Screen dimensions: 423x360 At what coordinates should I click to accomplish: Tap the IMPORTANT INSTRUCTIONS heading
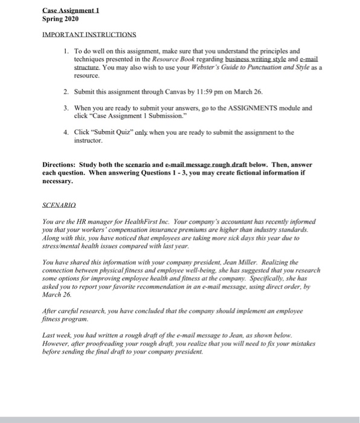coord(89,35)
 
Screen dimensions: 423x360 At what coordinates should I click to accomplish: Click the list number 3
coord(65,108)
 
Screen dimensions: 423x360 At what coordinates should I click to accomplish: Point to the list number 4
coord(65,131)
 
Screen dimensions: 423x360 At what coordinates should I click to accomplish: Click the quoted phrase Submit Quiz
coord(108,131)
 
